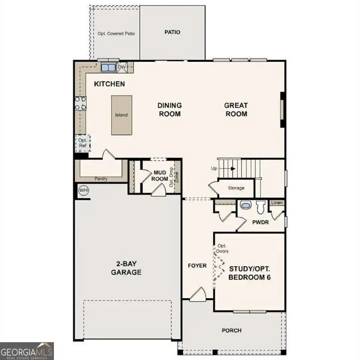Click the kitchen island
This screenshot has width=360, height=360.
point(121,115)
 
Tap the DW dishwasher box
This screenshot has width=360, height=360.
point(122,67)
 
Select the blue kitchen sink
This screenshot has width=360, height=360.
point(108,67)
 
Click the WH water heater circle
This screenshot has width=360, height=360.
point(83,190)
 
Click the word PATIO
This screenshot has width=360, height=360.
point(172,32)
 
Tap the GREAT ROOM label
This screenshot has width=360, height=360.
point(236,110)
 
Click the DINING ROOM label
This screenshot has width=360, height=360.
point(169,110)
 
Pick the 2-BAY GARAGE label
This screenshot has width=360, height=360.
point(126,268)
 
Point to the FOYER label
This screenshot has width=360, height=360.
point(197,266)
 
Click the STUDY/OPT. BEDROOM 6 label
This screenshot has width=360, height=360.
point(250,273)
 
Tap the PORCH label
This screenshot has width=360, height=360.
point(232,330)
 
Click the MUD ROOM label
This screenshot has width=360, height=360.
point(161,176)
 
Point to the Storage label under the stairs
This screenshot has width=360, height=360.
point(236,188)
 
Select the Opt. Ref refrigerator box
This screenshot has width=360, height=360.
point(83,143)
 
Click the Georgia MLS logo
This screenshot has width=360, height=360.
point(27,351)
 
